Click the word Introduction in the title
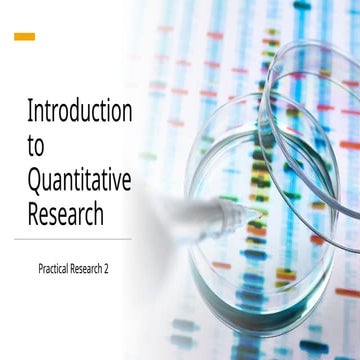point(79,111)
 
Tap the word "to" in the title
point(36,146)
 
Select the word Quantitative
point(79,181)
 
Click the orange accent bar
point(24,37)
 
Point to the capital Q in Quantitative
point(35,181)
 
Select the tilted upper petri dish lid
point(300,110)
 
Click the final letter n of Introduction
point(126,112)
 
